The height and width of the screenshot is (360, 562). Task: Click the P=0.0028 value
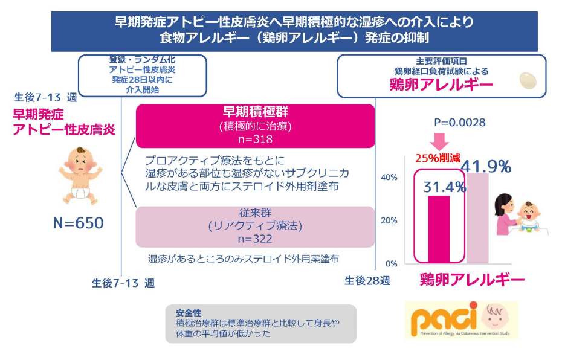point(460,123)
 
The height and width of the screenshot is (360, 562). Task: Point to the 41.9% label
point(486,166)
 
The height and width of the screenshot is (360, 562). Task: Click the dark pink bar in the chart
point(439,230)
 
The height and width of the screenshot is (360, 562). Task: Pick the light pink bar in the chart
point(477,217)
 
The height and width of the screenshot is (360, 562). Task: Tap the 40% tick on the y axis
point(389,177)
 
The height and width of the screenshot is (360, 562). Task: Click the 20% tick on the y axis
point(389,220)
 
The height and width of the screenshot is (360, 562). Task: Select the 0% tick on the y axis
point(391,264)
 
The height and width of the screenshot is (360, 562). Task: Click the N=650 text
point(79,223)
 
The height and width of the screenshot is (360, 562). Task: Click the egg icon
point(529,80)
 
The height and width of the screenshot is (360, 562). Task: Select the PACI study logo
point(462,320)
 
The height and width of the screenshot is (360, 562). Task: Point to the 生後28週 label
point(367,281)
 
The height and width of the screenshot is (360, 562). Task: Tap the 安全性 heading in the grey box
point(188,313)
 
